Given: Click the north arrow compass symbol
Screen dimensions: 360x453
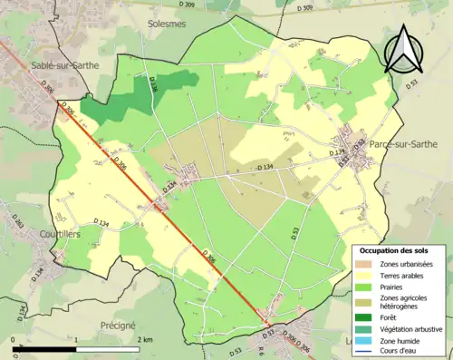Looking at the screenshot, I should [406, 48].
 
